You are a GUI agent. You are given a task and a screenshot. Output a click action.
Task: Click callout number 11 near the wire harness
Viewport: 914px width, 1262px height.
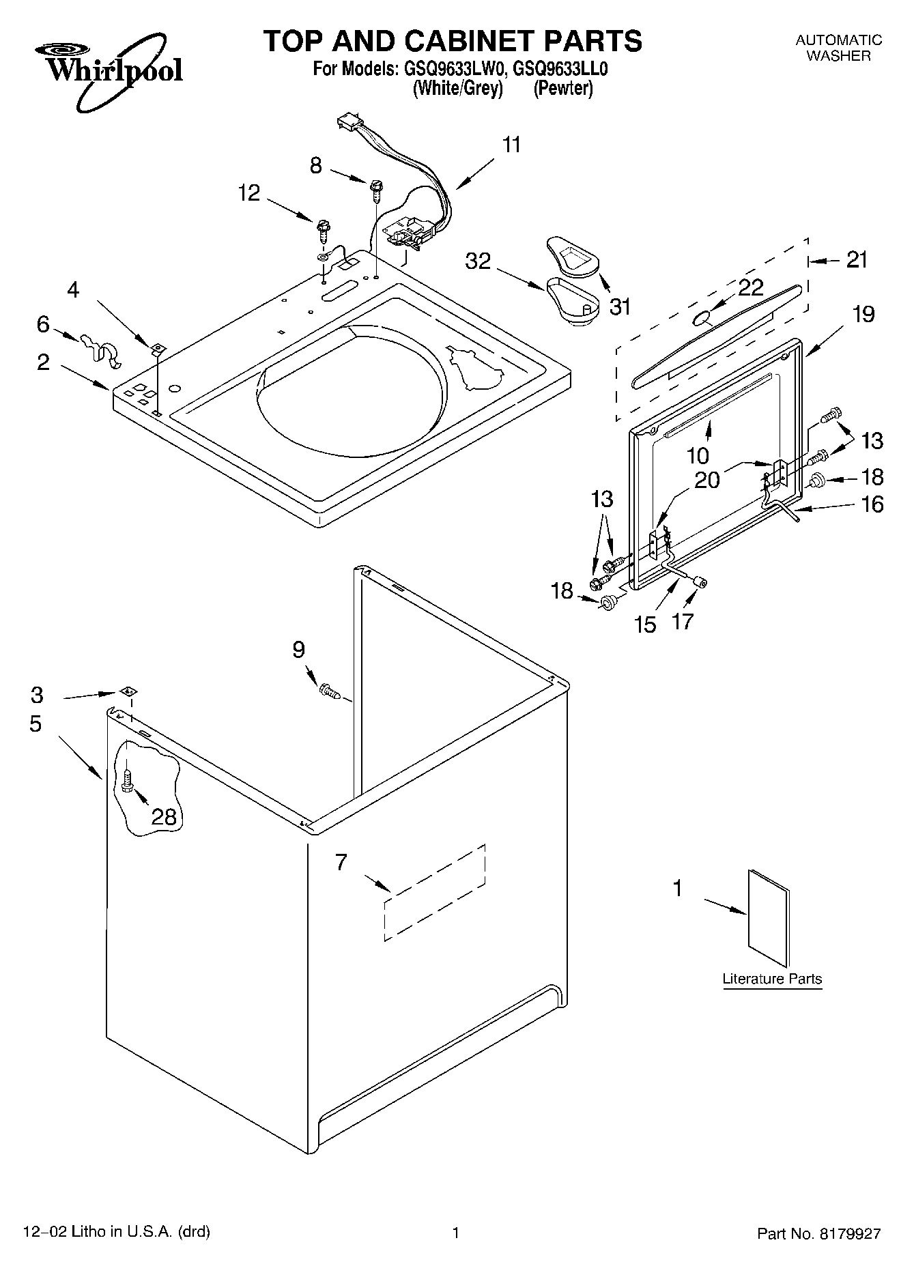[511, 145]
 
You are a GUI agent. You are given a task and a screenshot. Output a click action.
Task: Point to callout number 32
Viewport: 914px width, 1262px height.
[478, 261]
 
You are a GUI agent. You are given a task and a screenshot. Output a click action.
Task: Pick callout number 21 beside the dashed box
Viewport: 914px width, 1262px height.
[856, 260]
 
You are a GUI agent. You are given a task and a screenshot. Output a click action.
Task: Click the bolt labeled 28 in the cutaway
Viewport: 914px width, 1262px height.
[128, 781]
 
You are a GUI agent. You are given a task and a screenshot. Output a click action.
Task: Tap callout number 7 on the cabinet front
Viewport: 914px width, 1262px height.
[341, 863]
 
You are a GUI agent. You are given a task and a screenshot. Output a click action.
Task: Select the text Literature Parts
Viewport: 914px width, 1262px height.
[772, 979]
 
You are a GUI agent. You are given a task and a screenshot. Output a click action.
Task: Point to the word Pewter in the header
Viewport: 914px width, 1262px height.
[562, 89]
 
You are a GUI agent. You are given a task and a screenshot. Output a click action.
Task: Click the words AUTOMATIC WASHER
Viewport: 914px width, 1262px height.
[838, 48]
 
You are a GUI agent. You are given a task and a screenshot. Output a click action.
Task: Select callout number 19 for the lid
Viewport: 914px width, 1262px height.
[863, 315]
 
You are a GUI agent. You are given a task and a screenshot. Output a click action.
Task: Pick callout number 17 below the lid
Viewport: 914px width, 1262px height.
[683, 621]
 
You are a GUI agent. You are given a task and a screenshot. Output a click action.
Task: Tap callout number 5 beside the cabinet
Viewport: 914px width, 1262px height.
[35, 723]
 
